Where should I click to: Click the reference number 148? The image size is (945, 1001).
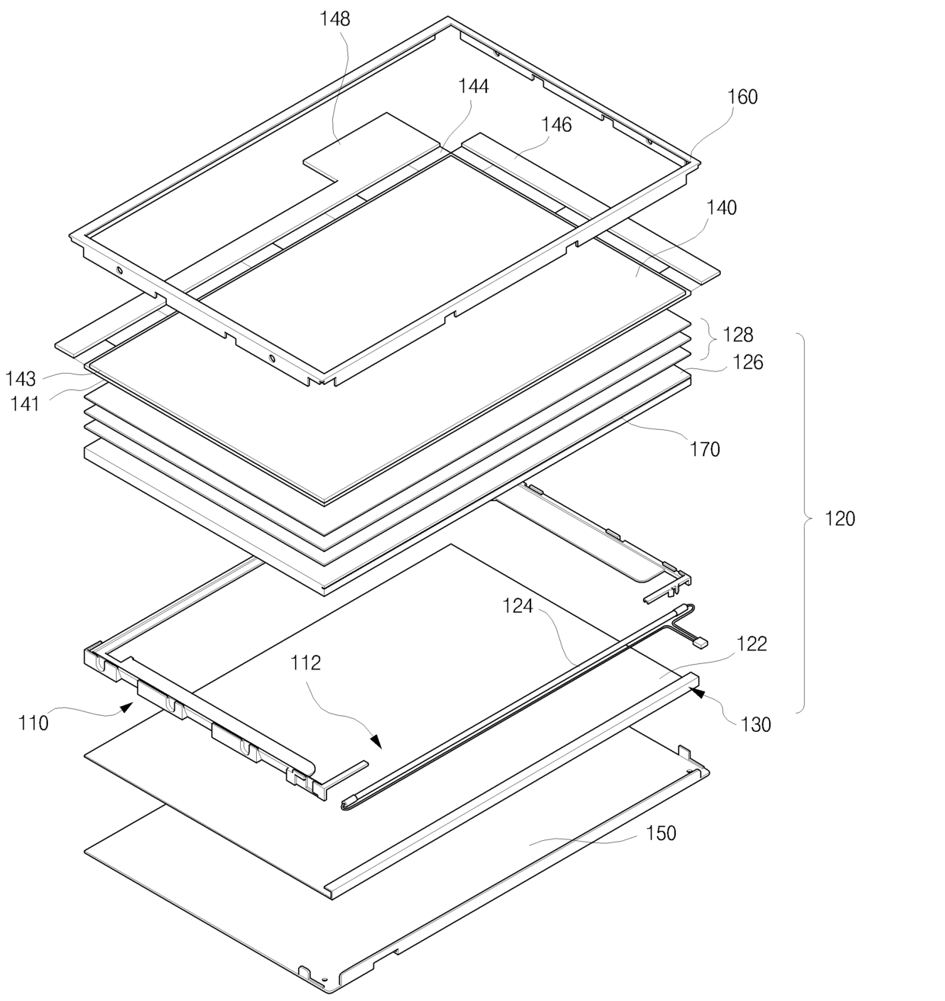pos(335,19)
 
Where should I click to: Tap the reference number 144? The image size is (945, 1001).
pos(473,86)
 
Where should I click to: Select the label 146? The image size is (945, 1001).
pos(556,124)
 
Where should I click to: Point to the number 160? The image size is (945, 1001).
pos(743,97)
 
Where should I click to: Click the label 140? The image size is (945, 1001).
pos(722,207)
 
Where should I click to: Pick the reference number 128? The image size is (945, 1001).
pos(738,334)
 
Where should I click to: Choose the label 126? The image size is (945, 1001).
pos(748,362)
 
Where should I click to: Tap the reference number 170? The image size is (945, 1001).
pos(705,449)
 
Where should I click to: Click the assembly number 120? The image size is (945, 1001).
pos(840,518)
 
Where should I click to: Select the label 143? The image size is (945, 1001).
pos(21,379)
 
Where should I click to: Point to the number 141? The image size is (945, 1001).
pos(25,404)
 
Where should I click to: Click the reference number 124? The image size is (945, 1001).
pos(517,606)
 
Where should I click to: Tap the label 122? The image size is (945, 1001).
pos(752,643)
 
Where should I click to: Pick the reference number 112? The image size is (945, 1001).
pos(306,663)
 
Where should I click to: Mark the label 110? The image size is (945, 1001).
pos(34,723)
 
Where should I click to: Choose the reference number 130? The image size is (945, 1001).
pos(756,725)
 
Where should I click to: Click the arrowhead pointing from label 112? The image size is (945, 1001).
pos(376,742)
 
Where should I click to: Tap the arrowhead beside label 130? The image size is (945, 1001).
pos(698,693)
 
